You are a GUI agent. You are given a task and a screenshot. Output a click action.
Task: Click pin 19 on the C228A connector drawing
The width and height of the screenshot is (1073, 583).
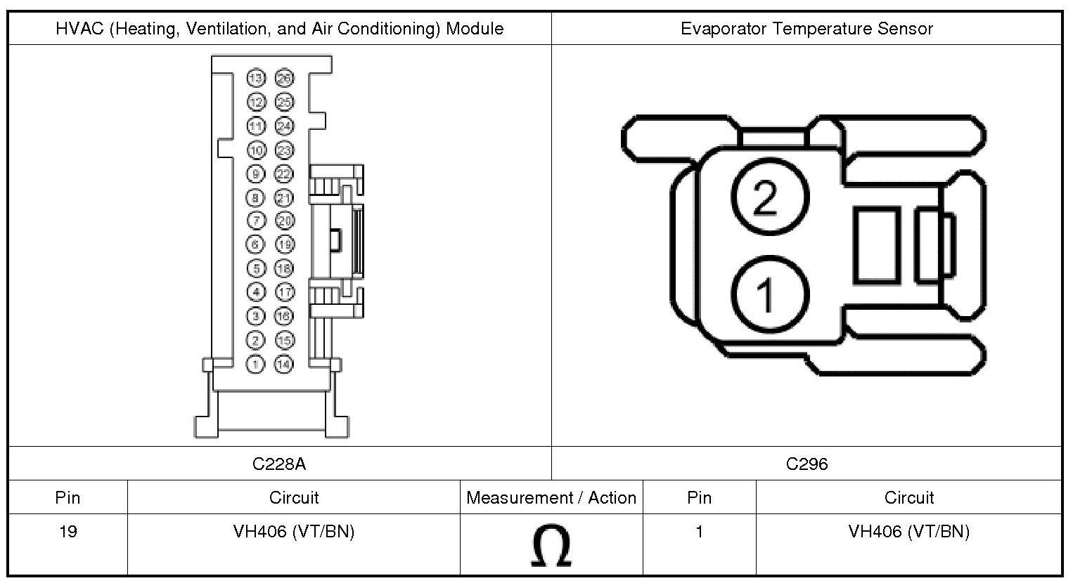click(x=284, y=244)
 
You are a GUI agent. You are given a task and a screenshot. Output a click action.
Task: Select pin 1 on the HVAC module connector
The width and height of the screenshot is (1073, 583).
click(x=256, y=364)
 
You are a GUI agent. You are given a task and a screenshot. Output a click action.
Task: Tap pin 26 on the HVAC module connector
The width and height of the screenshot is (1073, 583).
click(x=284, y=78)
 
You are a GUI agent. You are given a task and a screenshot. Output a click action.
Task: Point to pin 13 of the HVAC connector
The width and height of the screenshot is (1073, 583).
click(x=256, y=78)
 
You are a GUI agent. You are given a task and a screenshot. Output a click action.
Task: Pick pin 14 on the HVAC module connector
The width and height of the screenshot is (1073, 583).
click(x=284, y=364)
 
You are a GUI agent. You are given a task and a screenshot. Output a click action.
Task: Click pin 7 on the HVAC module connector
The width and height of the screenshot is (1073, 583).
click(x=256, y=221)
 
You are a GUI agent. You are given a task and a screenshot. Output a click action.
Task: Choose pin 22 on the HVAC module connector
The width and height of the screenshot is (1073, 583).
click(x=284, y=173)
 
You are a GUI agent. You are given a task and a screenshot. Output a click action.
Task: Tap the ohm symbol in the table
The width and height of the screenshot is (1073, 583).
click(x=551, y=547)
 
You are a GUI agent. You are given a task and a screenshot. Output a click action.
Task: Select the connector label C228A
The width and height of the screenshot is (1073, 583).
click(x=279, y=464)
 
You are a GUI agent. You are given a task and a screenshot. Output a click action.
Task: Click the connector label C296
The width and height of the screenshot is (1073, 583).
click(x=807, y=464)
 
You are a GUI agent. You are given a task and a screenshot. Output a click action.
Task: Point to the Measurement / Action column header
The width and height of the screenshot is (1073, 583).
click(x=551, y=498)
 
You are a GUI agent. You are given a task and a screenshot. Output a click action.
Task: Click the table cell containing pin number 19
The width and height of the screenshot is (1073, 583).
click(x=68, y=532)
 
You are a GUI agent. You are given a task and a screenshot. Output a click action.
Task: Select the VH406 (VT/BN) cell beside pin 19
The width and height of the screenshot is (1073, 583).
click(x=294, y=532)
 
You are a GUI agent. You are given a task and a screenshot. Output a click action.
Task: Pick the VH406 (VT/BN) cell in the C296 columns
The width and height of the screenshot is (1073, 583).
click(x=908, y=532)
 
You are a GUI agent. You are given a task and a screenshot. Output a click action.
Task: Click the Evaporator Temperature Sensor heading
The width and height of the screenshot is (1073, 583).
click(x=807, y=29)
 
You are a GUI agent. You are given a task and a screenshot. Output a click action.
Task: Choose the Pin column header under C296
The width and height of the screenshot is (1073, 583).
click(x=699, y=498)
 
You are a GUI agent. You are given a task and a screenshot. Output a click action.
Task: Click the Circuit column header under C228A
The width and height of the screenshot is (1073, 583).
click(x=294, y=498)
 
